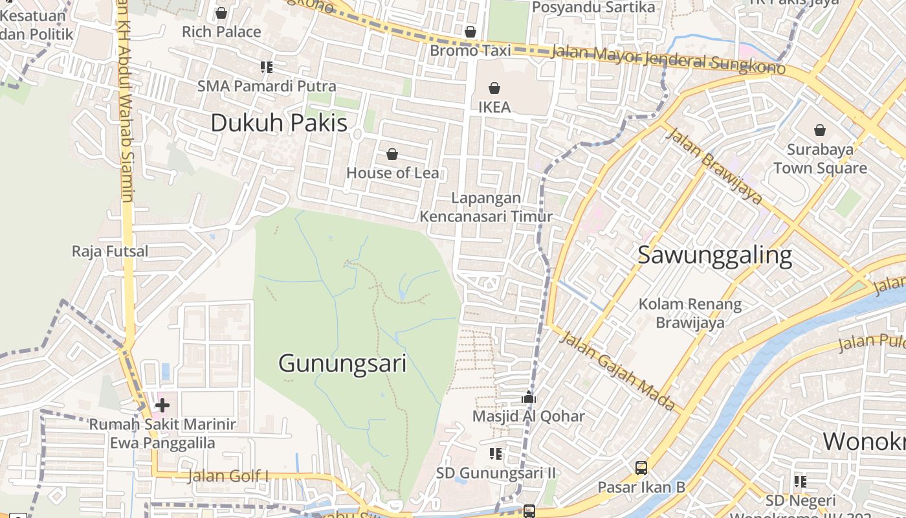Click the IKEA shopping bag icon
click(x=494, y=88)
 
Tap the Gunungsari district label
click(x=342, y=363)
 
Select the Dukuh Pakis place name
click(x=279, y=123)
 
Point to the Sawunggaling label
click(x=714, y=255)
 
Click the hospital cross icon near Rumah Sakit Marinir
click(x=162, y=405)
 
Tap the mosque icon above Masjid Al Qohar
click(x=529, y=397)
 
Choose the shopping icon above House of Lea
click(x=392, y=154)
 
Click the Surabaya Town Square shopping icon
click(x=820, y=130)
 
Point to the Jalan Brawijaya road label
click(x=714, y=164)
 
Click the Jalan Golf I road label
click(x=228, y=477)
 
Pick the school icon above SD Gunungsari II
click(x=496, y=454)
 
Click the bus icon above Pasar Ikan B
click(x=641, y=467)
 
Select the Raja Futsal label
click(x=110, y=251)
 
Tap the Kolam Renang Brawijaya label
click(x=690, y=313)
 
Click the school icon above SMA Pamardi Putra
click(x=266, y=67)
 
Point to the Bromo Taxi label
click(x=470, y=51)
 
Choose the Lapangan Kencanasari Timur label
click(x=486, y=207)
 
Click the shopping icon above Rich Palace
click(x=221, y=13)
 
